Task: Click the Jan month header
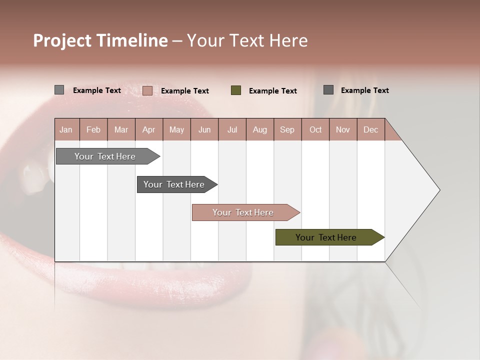66,130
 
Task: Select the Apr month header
149,130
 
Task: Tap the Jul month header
232,130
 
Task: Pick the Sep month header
287,130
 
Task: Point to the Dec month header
370,130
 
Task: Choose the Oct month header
315,130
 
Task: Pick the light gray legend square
59,90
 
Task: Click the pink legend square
147,90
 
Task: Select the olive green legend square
236,90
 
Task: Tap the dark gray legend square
328,90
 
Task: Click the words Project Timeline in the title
100,40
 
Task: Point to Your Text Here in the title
247,40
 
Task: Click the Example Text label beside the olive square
273,91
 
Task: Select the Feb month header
93,130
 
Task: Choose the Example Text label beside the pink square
185,91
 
